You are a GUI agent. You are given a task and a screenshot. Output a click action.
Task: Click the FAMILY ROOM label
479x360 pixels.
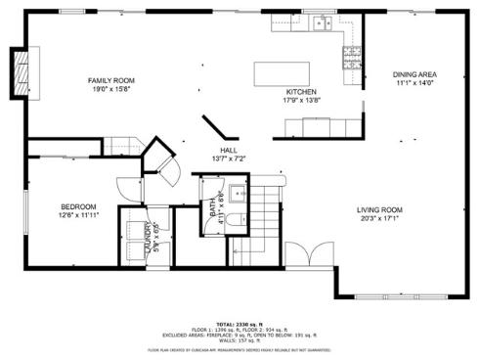110,80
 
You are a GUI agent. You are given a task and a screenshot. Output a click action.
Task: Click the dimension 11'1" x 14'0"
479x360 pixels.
414,83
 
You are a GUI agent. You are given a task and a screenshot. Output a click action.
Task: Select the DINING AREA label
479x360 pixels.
414,74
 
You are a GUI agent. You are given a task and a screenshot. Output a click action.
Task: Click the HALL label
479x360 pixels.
229,150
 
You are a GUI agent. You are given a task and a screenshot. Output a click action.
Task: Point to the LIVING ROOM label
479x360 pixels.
379,210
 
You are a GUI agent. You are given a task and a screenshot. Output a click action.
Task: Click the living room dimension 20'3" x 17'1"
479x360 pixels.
379,219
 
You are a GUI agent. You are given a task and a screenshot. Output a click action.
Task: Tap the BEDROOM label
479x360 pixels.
78,206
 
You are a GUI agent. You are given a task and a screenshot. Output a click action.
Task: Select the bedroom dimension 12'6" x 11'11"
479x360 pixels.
78,215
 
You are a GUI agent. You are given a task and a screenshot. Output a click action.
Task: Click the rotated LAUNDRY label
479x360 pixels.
148,238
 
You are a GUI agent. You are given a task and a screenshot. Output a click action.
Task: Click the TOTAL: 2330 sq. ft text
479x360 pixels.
239,323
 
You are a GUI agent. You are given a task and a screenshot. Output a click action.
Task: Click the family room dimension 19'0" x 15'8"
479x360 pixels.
110,89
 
